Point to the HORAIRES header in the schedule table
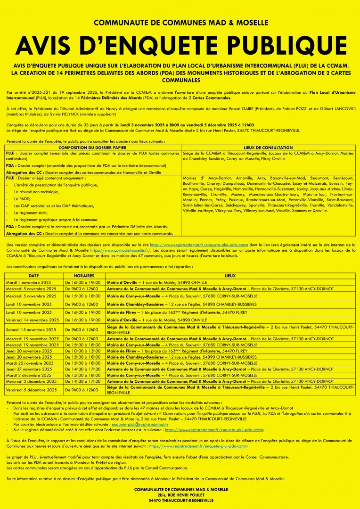(x=84, y=275)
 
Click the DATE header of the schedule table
(x=34, y=275)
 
